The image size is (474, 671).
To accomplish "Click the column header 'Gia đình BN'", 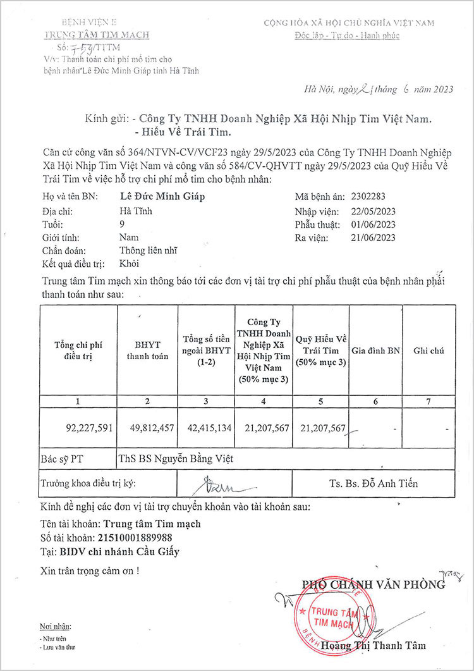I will pos(376,350).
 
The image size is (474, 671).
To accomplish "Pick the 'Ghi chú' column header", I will pos(429,350).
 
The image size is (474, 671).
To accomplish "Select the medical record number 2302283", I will pos(372,196).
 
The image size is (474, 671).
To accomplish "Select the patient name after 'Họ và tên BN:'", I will pos(162,196).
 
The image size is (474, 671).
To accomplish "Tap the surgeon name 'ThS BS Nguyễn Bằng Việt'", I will pos(176,459).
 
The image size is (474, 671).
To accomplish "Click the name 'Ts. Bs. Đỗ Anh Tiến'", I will pos(374,484).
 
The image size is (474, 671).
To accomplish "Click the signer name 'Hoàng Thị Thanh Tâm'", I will pos(373,646).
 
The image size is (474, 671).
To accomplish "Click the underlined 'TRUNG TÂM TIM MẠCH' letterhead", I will pos(97,35).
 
